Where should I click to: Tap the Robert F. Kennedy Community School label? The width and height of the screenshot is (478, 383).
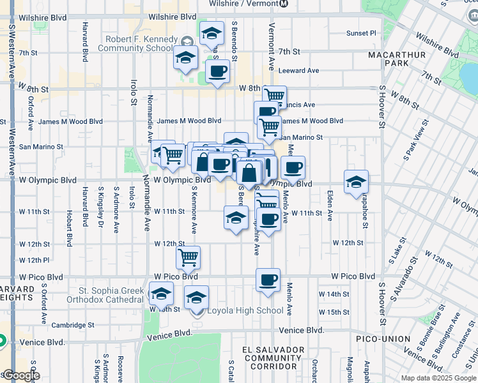(142, 43)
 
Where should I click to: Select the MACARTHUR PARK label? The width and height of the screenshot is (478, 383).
(397, 59)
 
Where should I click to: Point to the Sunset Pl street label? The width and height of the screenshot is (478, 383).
(361, 33)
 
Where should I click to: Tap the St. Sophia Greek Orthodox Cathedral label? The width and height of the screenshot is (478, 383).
(111, 295)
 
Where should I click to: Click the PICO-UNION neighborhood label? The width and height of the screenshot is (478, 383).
(382, 338)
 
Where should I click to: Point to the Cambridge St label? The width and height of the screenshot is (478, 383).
(73, 324)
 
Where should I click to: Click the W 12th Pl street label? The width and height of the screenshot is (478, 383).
(34, 260)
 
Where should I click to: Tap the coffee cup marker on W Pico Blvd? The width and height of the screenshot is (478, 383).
(268, 279)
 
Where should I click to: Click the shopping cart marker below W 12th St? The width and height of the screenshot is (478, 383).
(188, 257)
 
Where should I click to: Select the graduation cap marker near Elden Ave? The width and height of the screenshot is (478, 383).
(356, 182)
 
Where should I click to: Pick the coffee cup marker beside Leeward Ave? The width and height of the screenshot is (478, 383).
(217, 71)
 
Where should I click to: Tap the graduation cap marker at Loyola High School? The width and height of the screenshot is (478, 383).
(196, 297)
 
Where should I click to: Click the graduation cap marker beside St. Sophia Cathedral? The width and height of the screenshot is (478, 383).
(161, 294)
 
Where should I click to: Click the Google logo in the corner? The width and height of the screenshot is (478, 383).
(20, 375)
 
